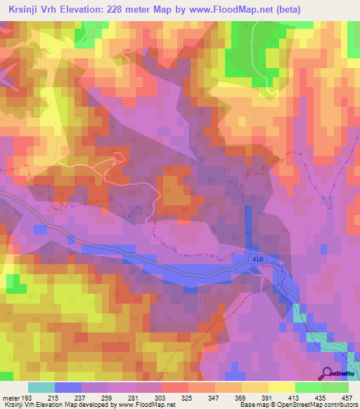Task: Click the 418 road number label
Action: click(259, 261)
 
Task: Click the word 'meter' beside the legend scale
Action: click(12, 398)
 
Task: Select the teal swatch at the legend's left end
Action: click(41, 387)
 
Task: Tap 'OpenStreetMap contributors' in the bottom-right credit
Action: click(320, 405)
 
